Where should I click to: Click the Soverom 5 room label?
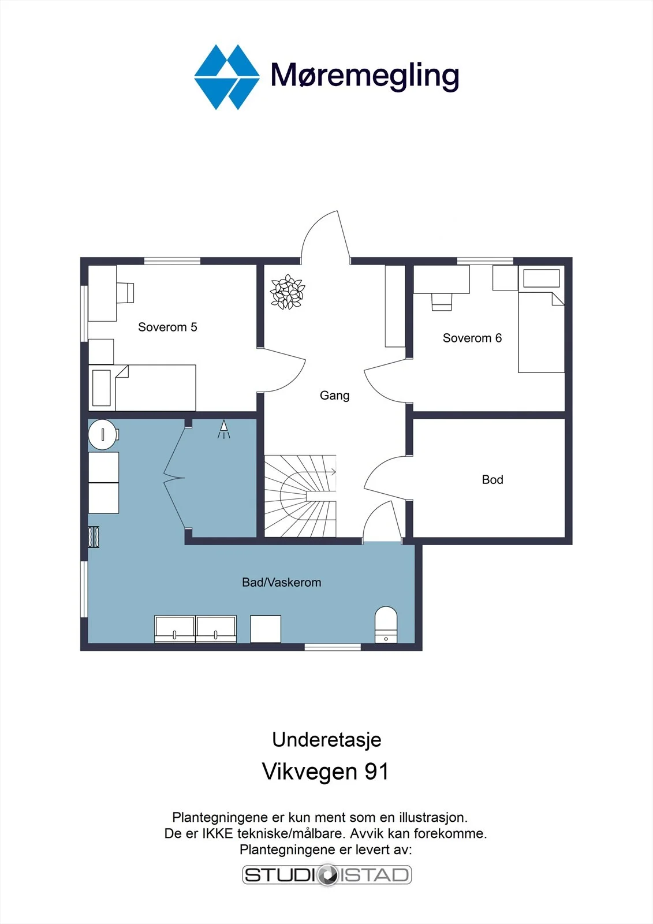[x=167, y=327]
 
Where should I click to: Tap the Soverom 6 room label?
[x=472, y=338]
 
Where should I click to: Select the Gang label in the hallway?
[x=334, y=396]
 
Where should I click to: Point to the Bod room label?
[x=492, y=479]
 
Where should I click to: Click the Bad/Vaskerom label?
[x=281, y=583]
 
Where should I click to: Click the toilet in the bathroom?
[x=386, y=624]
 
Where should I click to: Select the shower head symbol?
[x=223, y=429]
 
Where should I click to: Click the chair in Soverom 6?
[x=441, y=302]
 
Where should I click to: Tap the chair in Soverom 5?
[x=125, y=293]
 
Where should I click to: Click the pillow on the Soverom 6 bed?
[x=541, y=278]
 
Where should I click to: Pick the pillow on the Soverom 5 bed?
[x=102, y=388]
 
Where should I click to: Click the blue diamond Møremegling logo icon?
[x=227, y=77]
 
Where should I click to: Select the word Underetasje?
[x=326, y=740]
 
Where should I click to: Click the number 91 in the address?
[x=376, y=772]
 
